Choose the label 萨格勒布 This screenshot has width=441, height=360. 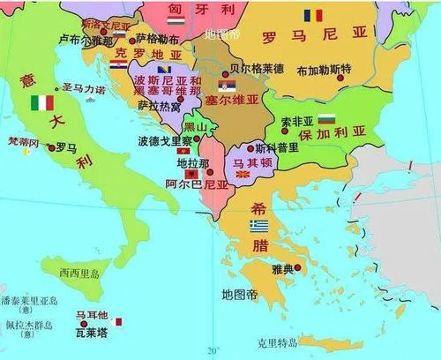159,39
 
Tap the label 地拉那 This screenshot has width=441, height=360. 193,164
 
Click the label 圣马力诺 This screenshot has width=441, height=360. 84,89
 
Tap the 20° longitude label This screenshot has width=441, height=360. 209,349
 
